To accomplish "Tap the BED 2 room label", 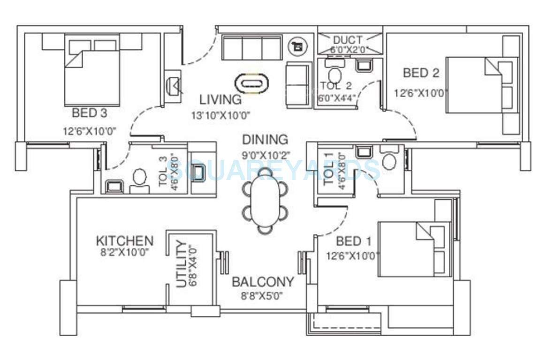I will (421, 73).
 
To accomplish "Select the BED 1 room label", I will (354, 241).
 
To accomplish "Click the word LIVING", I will (220, 100).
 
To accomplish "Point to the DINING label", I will (265, 140).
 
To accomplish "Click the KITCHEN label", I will (124, 241).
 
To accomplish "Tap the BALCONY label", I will (263, 282).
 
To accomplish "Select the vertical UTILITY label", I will (181, 264).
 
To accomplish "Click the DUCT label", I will (348, 40).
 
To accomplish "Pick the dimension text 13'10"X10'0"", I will (220, 114).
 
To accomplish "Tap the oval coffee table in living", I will (253, 84).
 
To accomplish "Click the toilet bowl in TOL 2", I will (334, 75).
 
